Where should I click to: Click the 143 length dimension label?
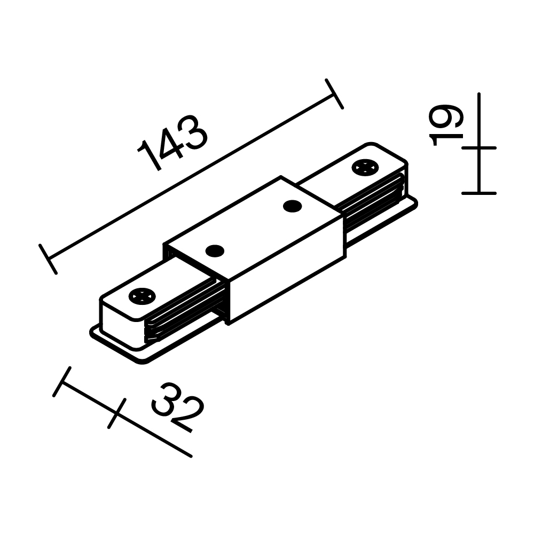click(172, 143)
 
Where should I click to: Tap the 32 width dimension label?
click(178, 407)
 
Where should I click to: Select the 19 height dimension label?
click(446, 125)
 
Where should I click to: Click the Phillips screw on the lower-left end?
click(142, 295)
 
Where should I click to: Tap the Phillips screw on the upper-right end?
click(365, 167)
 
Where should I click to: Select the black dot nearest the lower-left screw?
click(215, 250)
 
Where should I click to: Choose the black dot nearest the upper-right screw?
click(292, 206)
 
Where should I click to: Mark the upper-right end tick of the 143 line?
click(334, 94)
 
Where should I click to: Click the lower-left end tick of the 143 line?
click(48, 259)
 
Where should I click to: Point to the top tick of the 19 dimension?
click(479, 147)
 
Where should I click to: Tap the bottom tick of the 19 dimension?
click(479, 193)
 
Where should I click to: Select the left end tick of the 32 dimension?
click(62, 381)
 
